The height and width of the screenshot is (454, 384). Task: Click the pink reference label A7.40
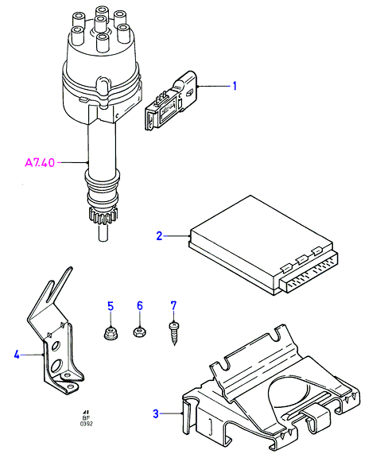(x=40, y=162)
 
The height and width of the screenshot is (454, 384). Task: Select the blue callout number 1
(x=235, y=86)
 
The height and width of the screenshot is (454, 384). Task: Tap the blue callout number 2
(x=159, y=236)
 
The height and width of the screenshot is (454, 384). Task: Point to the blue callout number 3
(x=156, y=413)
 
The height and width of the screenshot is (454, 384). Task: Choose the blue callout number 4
(x=17, y=354)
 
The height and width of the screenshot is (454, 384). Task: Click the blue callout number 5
(x=111, y=306)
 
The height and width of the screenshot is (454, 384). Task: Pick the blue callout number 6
(x=140, y=306)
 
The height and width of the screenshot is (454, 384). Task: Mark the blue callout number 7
(x=173, y=306)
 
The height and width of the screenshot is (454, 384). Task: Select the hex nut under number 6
(x=140, y=332)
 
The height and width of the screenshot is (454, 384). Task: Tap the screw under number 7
(x=174, y=333)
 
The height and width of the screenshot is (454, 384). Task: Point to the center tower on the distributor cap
(x=101, y=24)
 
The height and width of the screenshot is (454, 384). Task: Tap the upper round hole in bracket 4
(x=56, y=346)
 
